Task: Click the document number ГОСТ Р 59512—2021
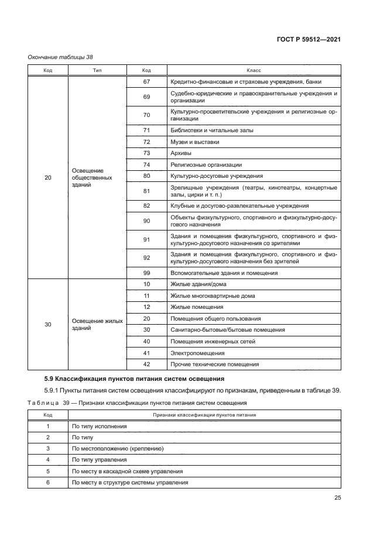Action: (309, 39)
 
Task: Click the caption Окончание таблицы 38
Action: (61, 57)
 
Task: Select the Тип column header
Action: (97, 70)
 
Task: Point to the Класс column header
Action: (254, 70)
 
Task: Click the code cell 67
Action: (146, 82)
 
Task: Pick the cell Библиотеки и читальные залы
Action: (211, 130)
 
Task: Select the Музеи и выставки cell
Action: (195, 142)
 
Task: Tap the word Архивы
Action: (180, 153)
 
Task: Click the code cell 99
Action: (146, 273)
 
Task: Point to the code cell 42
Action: (146, 364)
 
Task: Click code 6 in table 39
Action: (48, 482)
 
